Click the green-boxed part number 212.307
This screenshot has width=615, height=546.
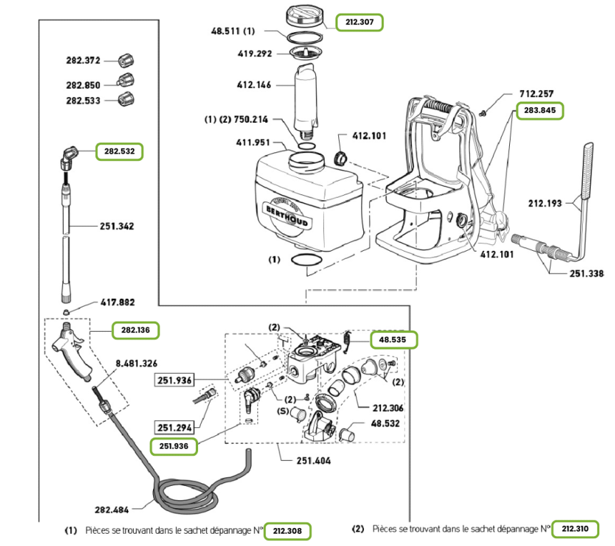pos(360,22)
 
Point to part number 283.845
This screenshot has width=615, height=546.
pos(541,111)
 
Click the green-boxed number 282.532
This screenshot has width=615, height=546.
pos(120,152)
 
